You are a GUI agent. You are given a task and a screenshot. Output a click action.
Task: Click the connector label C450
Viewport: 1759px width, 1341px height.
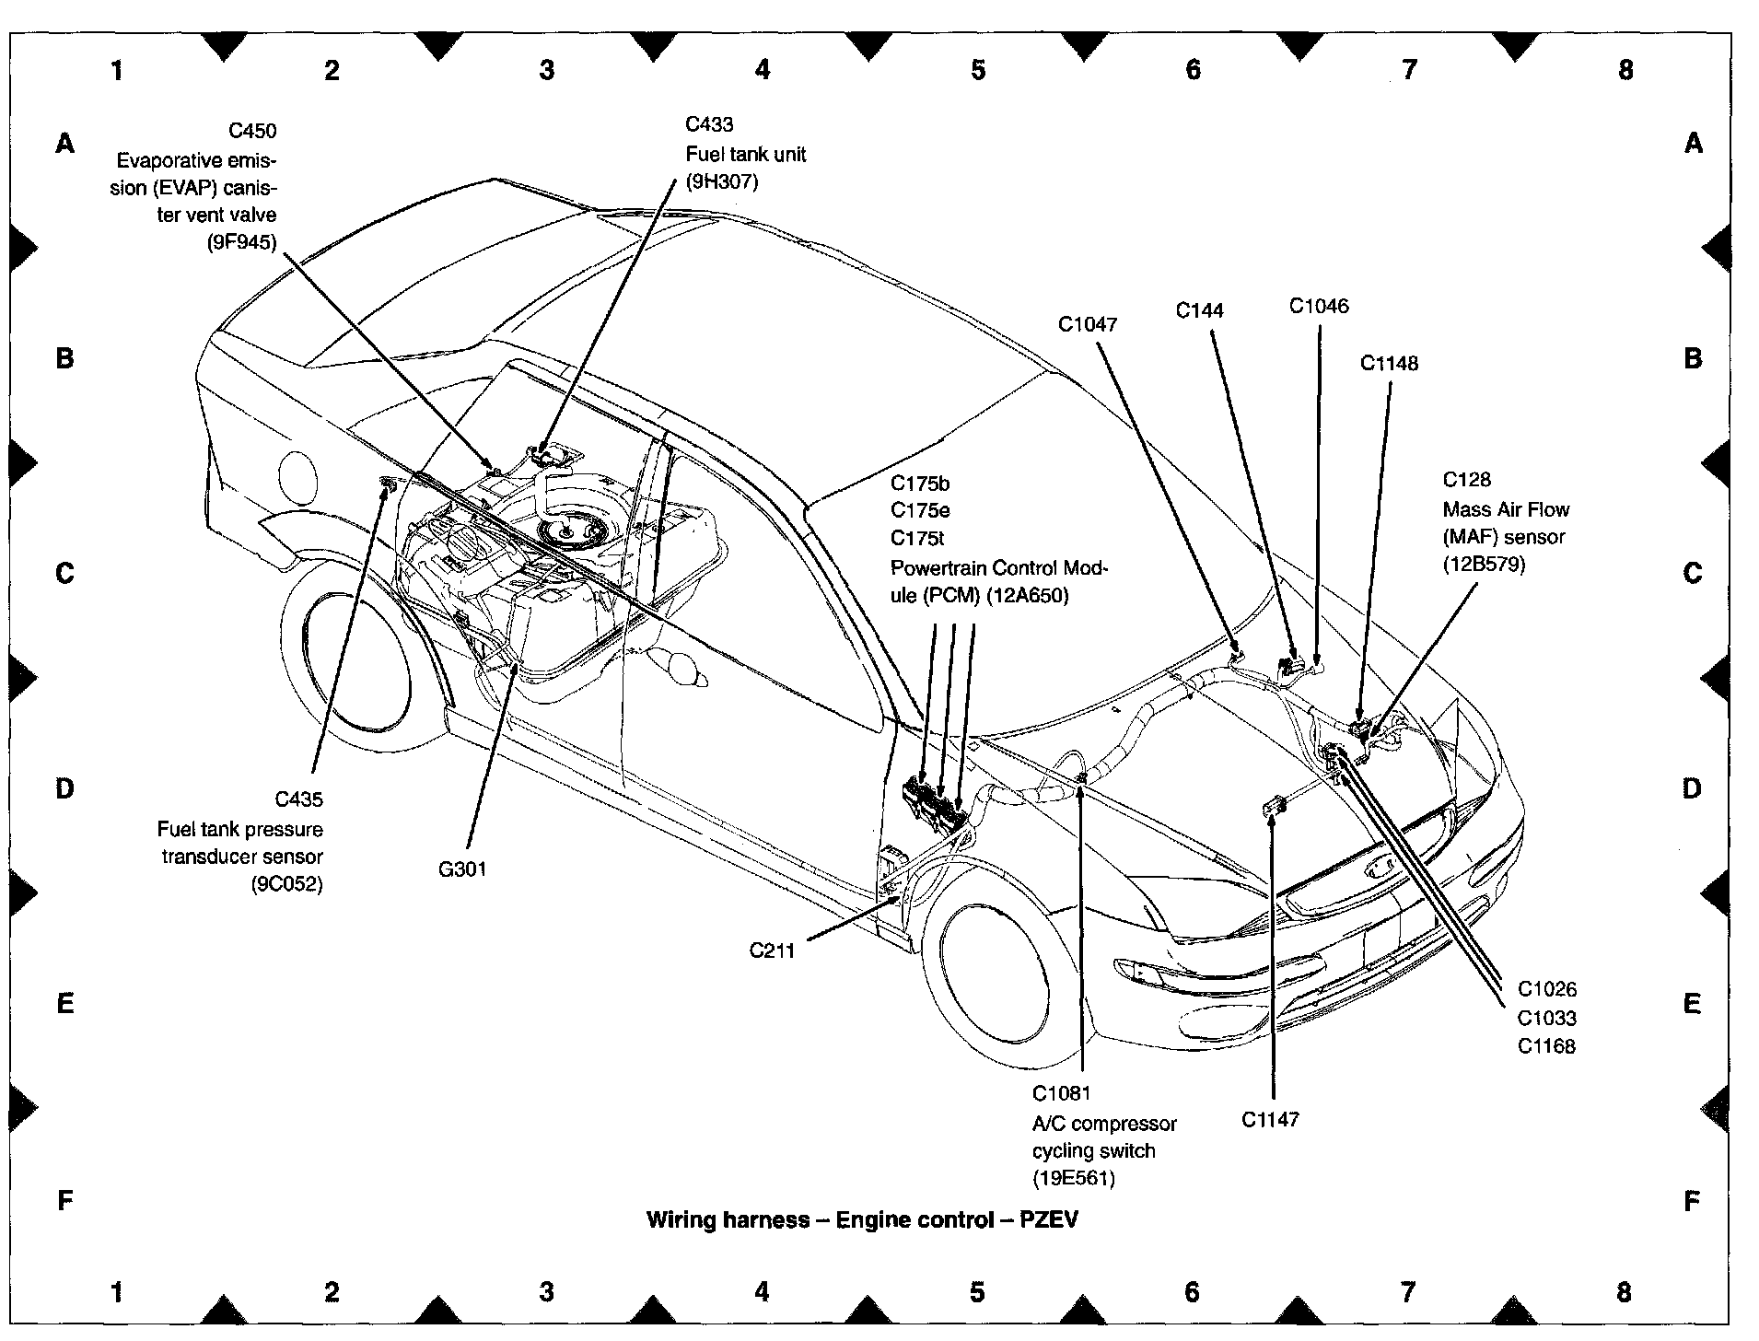point(252,132)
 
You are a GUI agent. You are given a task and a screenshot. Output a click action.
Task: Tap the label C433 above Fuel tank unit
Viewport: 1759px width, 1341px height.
point(709,124)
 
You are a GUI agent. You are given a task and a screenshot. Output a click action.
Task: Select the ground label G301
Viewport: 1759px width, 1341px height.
point(462,869)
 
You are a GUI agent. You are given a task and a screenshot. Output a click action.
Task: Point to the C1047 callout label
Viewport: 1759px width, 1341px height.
point(1088,324)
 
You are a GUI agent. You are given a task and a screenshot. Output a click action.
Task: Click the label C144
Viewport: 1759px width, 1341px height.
point(1200,310)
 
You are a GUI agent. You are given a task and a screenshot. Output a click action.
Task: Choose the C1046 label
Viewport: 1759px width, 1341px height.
point(1319,306)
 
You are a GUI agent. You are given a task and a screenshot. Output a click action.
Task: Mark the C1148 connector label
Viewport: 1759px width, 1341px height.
point(1390,363)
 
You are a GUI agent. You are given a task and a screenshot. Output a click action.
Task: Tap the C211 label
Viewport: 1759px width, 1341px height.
point(772,950)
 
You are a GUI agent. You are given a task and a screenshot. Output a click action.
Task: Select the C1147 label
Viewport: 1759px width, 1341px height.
point(1270,1119)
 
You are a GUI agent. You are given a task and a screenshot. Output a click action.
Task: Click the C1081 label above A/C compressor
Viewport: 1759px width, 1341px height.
point(1061,1093)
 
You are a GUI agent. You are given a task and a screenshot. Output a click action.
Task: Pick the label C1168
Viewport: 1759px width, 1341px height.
point(1547,1046)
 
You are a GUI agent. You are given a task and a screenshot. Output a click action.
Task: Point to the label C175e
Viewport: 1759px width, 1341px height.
point(920,510)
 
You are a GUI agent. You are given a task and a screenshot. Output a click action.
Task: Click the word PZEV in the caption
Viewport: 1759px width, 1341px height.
point(1049,1220)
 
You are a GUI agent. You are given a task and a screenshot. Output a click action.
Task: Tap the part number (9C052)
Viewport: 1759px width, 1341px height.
point(287,885)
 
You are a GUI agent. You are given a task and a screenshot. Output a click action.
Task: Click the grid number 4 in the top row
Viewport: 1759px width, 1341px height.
point(763,69)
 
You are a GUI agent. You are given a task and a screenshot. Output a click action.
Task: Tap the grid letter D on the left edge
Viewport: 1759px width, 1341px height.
point(64,788)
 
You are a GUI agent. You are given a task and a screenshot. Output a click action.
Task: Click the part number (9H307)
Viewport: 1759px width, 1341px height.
point(722,182)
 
